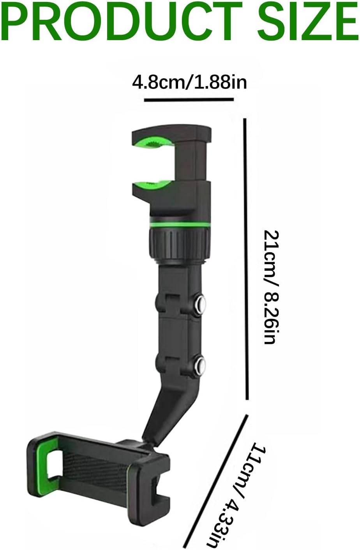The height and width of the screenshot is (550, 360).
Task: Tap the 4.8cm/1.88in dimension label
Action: (x=189, y=82)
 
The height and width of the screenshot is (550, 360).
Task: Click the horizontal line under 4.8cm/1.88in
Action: (x=189, y=99)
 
